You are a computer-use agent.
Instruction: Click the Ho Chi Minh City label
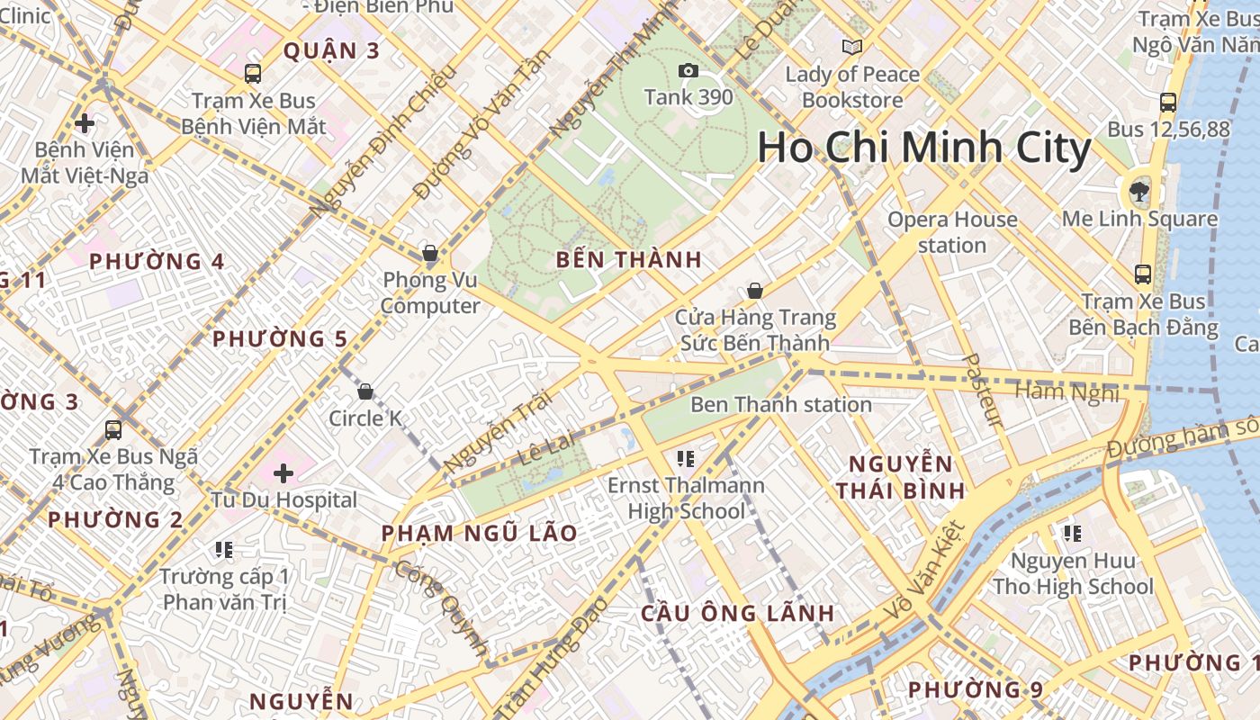point(923,148)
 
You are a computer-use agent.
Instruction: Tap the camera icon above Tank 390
point(688,71)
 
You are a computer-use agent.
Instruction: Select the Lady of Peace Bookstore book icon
point(851,47)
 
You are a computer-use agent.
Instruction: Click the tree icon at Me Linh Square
point(1139,191)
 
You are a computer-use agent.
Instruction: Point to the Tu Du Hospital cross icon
point(283,472)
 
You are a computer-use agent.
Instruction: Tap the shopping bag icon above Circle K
point(365,391)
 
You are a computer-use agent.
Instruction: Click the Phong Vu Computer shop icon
point(430,253)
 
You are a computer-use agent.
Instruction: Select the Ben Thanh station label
point(780,404)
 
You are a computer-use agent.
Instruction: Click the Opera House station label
point(952,232)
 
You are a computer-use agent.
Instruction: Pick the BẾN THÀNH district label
point(628,260)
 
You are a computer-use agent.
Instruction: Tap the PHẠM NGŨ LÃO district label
point(479,533)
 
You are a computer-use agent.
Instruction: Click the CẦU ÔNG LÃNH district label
point(737,613)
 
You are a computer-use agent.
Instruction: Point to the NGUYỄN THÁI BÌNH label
point(900,477)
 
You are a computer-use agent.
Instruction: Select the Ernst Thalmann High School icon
point(686,459)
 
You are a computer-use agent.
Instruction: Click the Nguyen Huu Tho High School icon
point(1072,534)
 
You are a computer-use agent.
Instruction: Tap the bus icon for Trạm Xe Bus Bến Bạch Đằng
point(1143,274)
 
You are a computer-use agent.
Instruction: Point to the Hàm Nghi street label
point(1066,391)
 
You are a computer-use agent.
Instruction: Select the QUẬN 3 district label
point(332,50)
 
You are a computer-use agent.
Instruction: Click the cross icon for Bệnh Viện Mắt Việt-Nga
point(85,122)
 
